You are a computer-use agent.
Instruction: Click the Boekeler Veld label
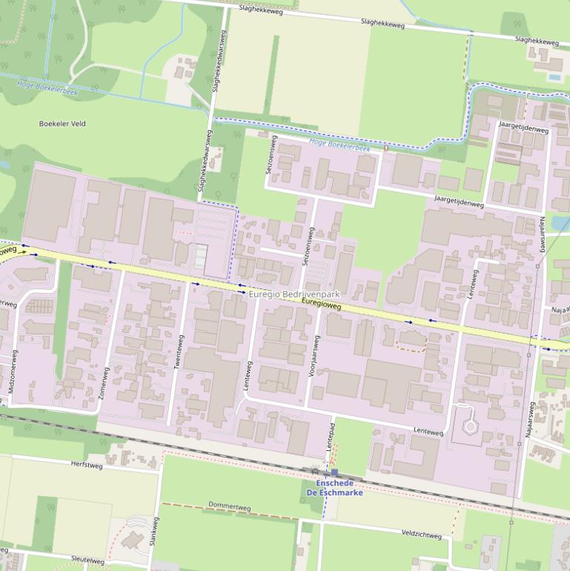[x=62, y=124]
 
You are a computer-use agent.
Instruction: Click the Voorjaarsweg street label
[x=313, y=357]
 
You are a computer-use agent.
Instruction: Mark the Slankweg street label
[x=154, y=532]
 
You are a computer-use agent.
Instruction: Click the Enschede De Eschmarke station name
[x=334, y=488]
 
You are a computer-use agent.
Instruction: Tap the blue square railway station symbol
[x=334, y=472]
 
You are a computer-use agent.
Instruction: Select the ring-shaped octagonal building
[x=470, y=426]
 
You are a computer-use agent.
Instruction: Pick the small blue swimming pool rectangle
[x=554, y=76]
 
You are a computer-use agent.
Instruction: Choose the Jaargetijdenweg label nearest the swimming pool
[x=523, y=130]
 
